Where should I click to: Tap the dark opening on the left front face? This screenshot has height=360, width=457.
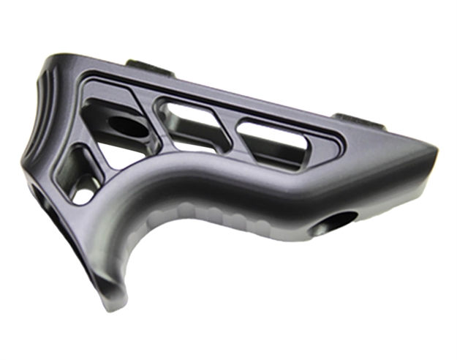click(40, 198)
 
